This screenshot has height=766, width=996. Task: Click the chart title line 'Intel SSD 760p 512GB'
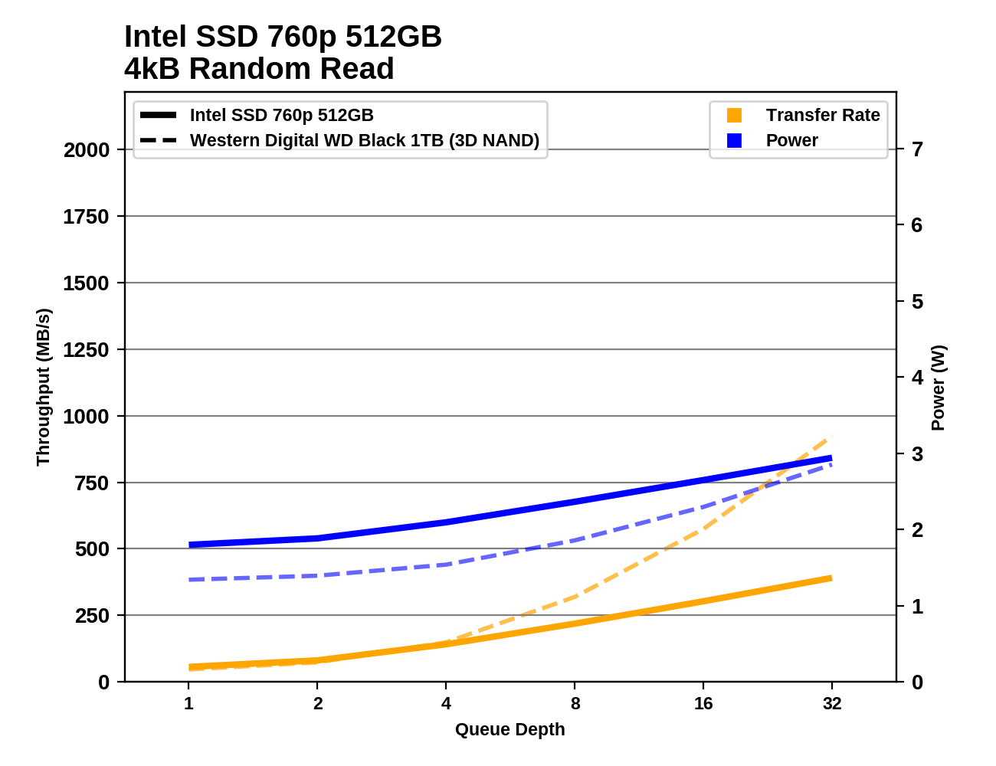[283, 37]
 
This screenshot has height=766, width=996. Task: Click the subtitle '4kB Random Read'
[259, 69]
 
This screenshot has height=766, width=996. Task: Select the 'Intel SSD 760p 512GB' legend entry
[281, 115]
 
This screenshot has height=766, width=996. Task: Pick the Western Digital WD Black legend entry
[364, 140]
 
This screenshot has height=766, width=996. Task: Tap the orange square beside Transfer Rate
[734, 115]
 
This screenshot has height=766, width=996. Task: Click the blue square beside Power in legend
[734, 140]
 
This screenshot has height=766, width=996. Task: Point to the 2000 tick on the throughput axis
[87, 150]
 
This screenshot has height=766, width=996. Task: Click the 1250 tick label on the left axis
[87, 350]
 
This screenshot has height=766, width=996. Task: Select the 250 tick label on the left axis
[92, 616]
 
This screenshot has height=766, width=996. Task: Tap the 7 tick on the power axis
[917, 149]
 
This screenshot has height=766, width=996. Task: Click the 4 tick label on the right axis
[917, 377]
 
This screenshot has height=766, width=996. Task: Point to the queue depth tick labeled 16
[703, 703]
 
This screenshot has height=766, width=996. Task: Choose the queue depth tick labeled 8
[575, 703]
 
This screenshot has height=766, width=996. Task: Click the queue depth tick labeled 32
[832, 703]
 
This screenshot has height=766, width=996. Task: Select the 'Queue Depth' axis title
[509, 729]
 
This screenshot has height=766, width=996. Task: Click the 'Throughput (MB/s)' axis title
[43, 387]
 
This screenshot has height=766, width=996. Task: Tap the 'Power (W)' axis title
[939, 388]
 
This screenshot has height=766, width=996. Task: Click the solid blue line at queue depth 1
[189, 545]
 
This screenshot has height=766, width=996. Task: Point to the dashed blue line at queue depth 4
[446, 565]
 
